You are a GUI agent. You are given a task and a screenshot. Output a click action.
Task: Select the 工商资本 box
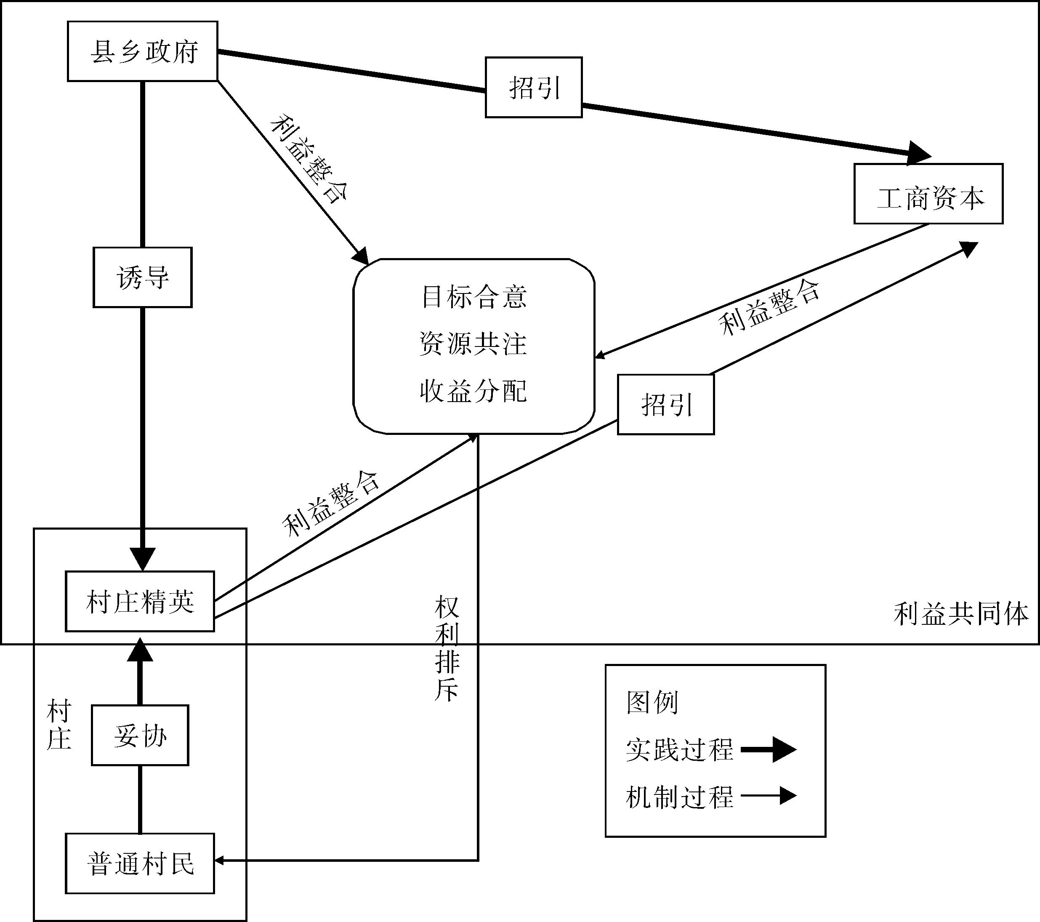(928, 194)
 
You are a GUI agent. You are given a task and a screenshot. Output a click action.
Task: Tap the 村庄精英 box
(140, 602)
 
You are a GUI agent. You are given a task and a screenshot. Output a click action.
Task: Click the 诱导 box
(142, 277)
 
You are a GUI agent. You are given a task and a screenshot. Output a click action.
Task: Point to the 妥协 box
(140, 735)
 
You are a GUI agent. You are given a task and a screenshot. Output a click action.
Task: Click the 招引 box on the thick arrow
(534, 88)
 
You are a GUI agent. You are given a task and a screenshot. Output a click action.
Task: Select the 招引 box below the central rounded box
(665, 405)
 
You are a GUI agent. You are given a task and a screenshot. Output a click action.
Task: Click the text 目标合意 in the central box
(473, 297)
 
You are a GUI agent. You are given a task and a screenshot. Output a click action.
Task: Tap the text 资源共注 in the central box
(473, 344)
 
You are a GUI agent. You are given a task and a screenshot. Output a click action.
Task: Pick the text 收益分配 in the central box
(473, 391)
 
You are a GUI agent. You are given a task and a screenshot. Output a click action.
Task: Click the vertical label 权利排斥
(447, 649)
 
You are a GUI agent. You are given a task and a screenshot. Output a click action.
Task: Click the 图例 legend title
(652, 703)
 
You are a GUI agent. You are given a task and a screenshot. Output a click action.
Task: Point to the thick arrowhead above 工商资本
(919, 153)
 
